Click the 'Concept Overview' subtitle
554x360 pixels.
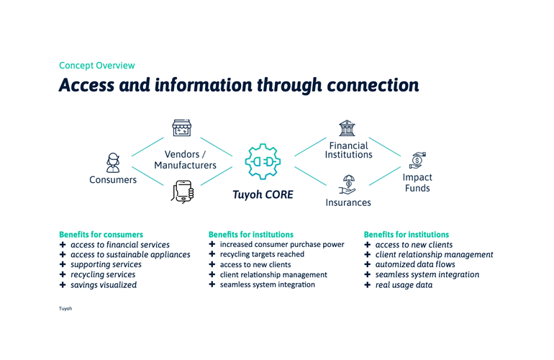[96, 66]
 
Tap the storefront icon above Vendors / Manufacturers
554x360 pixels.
[181, 128]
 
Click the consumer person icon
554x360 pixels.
[113, 161]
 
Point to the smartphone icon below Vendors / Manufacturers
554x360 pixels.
[183, 192]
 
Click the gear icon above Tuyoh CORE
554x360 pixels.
[262, 163]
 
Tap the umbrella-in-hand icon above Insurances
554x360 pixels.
[348, 184]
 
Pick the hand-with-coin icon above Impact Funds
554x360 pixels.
[417, 160]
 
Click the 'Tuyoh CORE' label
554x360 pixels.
[263, 194]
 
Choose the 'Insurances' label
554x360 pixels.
[348, 202]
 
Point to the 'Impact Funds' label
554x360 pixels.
[417, 183]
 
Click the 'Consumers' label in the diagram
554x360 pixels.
[113, 180]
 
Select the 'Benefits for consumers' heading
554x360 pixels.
[101, 235]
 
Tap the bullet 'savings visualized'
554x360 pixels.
[104, 285]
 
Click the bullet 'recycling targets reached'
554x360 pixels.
[262, 255]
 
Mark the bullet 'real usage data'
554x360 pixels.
[404, 285]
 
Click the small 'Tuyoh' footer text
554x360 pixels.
[65, 308]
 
